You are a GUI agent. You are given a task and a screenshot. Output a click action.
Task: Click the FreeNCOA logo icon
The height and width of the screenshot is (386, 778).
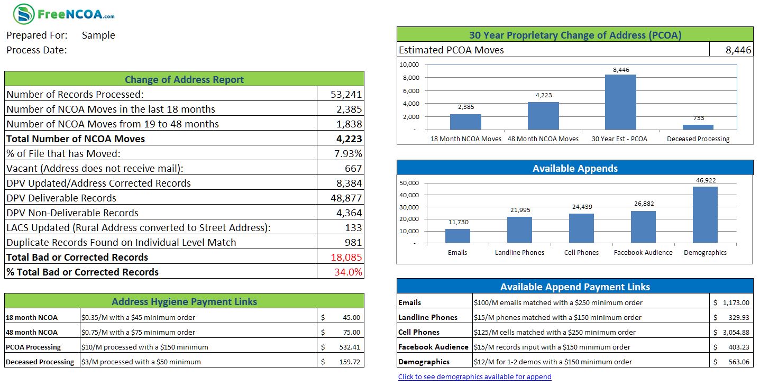coord(23,14)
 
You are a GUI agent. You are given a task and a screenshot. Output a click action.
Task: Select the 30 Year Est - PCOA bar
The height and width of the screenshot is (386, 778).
coord(620,102)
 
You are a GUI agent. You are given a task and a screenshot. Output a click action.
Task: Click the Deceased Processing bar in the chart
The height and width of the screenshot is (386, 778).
coord(698,127)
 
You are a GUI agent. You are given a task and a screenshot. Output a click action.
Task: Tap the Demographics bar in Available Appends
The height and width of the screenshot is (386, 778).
coord(705,214)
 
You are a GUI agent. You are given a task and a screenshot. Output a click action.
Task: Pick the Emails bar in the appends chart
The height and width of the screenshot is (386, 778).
coord(457,236)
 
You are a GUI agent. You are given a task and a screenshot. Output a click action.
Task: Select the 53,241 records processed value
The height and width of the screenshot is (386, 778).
coord(346,95)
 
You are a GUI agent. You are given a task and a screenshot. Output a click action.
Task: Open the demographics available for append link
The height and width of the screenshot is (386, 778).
coord(474,377)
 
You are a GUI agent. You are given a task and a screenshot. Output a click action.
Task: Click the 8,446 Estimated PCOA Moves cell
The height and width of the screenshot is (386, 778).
coord(738,50)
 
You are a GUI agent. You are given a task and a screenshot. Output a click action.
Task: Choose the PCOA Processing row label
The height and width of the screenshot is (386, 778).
coord(33,347)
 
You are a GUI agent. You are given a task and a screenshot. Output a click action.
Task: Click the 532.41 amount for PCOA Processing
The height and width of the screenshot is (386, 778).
coord(349,347)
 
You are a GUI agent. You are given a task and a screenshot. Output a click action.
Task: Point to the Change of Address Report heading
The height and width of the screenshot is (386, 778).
coord(184,80)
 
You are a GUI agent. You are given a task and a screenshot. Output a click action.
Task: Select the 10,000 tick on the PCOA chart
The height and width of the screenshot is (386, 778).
coord(409,65)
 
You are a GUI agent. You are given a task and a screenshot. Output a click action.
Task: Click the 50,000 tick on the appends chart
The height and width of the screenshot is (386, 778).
coord(409,183)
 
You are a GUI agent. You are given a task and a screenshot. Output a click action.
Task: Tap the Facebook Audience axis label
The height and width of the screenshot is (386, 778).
coord(643,253)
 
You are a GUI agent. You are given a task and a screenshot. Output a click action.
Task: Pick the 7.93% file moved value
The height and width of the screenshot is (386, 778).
coord(348,154)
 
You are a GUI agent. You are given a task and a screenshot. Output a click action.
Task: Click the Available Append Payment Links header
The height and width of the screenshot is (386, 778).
coord(575,287)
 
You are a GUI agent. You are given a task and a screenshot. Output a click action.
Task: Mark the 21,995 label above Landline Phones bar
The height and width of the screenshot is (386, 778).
coord(519,210)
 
